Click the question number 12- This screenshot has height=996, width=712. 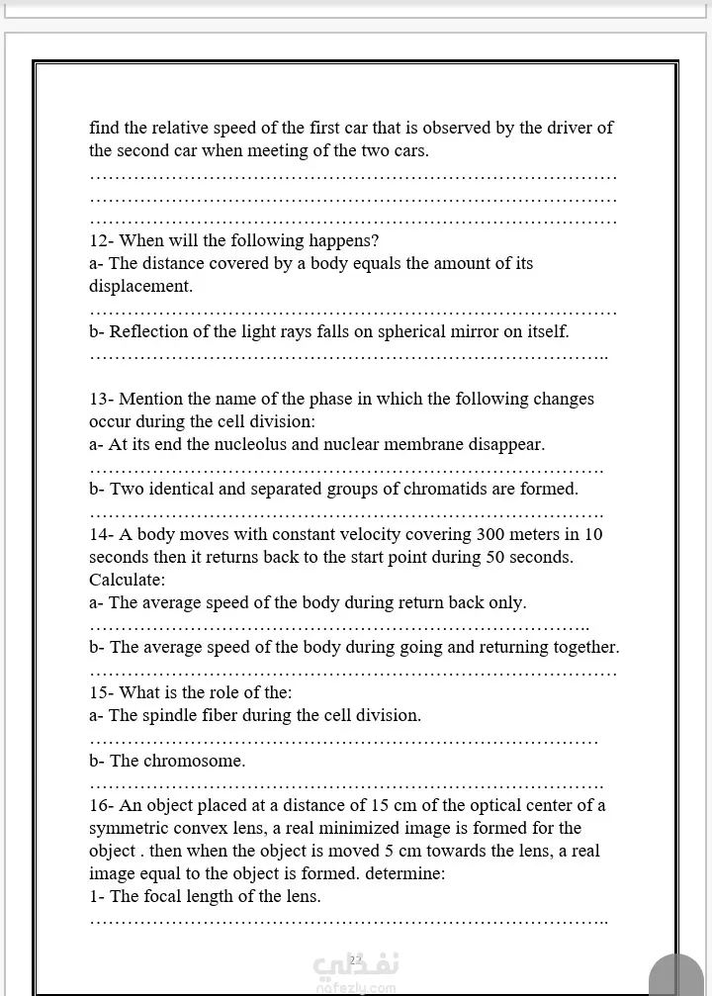[x=102, y=241]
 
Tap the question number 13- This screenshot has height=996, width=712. [x=102, y=400]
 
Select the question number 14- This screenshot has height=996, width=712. [x=102, y=535]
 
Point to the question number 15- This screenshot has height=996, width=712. [x=102, y=693]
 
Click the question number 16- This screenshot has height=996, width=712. [x=102, y=806]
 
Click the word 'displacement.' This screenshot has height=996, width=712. [x=140, y=287]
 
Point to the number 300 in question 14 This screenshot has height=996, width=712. [x=491, y=535]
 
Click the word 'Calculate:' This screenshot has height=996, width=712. [x=128, y=580]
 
